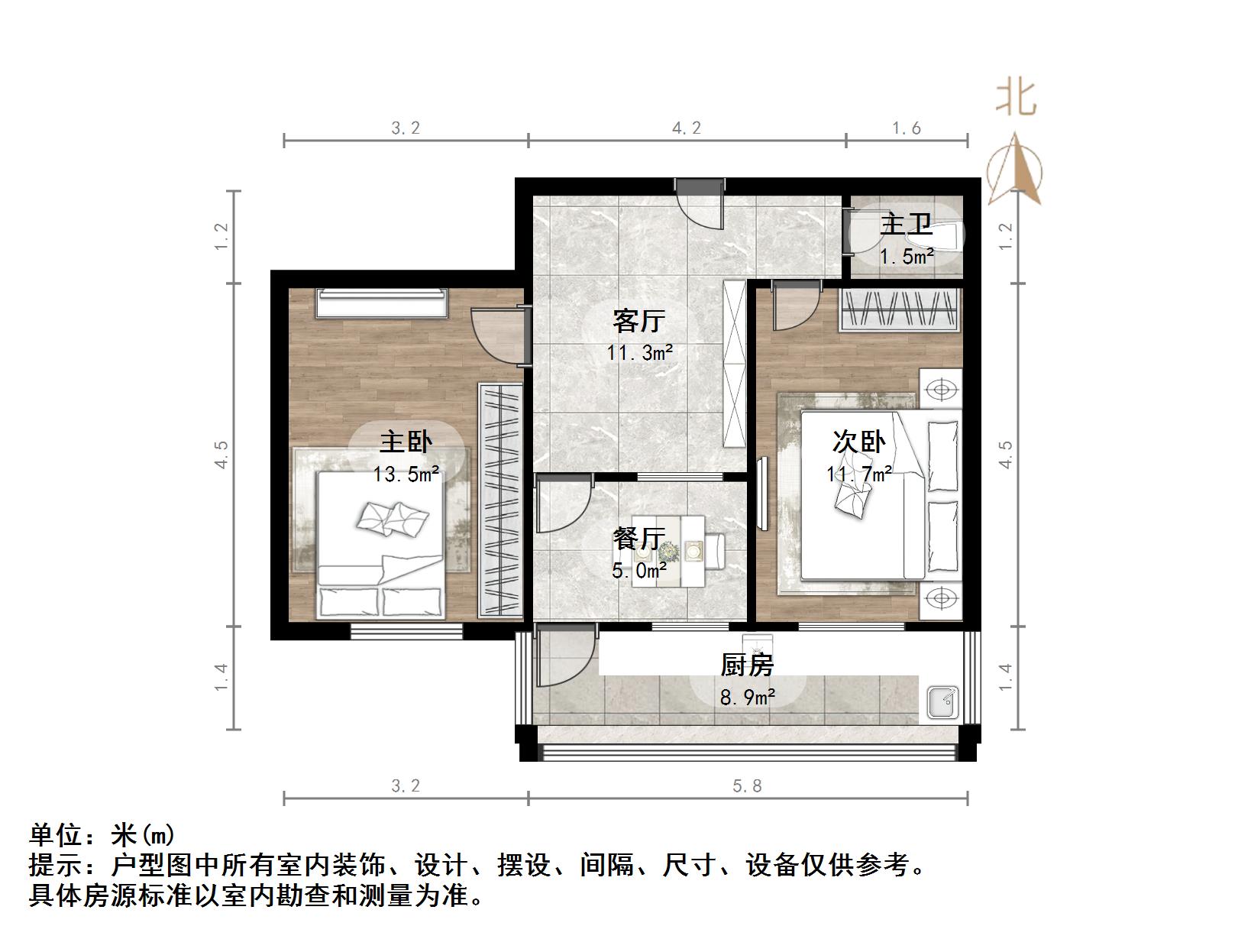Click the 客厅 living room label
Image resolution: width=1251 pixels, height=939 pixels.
coord(638,321)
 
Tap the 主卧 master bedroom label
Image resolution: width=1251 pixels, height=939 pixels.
coord(406,442)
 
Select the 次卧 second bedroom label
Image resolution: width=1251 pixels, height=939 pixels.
coord(858,442)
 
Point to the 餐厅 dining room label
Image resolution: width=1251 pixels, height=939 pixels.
coord(638,539)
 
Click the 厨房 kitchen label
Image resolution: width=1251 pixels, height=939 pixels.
coord(746,665)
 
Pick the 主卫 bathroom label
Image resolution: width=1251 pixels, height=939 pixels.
coord(906,225)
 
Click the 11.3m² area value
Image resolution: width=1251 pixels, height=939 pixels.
coord(640,353)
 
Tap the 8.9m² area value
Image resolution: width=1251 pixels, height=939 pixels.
coord(748,696)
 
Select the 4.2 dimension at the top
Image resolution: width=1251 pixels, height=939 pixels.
coord(686,128)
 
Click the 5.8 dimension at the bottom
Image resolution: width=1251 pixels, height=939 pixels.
coord(747,786)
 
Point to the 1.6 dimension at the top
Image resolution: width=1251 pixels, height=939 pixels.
coord(907,128)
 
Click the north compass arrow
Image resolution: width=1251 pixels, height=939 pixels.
coord(1016,172)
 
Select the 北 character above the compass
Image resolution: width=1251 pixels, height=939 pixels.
coord(1016,99)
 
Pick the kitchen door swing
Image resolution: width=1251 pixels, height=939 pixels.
coord(564,656)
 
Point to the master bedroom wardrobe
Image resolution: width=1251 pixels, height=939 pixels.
coord(500,500)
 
